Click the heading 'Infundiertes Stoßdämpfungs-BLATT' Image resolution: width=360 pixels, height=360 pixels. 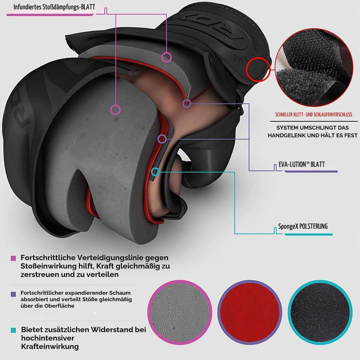click(x=54, y=7)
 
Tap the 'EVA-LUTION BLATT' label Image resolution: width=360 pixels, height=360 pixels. click(x=302, y=164)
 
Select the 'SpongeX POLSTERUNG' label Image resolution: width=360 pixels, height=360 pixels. click(x=303, y=226)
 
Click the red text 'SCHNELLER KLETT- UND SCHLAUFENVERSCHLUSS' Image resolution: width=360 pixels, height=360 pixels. click(x=313, y=115)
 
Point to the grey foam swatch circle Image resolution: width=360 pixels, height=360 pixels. click(x=180, y=312)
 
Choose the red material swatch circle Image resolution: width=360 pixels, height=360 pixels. click(x=250, y=312)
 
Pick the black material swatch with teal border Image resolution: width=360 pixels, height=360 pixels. click(x=320, y=312)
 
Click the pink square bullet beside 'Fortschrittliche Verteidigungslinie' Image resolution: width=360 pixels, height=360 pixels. click(x=13, y=258)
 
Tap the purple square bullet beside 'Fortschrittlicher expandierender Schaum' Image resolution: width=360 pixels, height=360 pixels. click(x=13, y=294)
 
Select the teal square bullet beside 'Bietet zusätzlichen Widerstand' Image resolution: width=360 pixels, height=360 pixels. click(x=13, y=330)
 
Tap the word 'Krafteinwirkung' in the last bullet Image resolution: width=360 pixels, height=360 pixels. click(x=50, y=346)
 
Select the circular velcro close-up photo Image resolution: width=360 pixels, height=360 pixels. click(x=314, y=67)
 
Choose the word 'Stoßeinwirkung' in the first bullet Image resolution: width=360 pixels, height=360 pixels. click(x=50, y=266)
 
